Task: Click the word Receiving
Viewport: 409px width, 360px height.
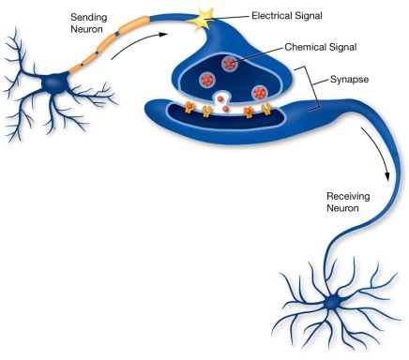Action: coord(348,198)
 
